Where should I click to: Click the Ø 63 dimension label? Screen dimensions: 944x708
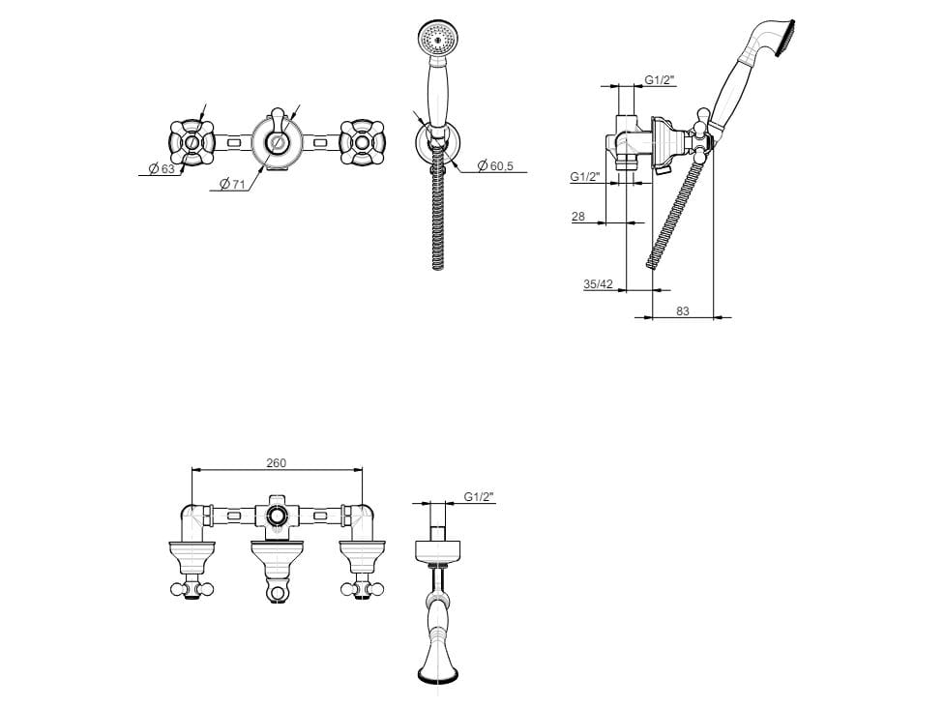162,169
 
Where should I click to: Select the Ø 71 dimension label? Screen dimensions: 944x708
232,184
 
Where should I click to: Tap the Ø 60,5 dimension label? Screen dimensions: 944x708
495,165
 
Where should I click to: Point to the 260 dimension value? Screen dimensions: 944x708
277,463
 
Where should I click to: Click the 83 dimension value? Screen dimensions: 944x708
682,311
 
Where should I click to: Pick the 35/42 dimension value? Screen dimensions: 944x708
598,284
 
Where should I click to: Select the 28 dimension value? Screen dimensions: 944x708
578,217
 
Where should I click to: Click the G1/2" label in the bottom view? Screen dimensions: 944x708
479,497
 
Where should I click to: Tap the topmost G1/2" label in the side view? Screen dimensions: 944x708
660,80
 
